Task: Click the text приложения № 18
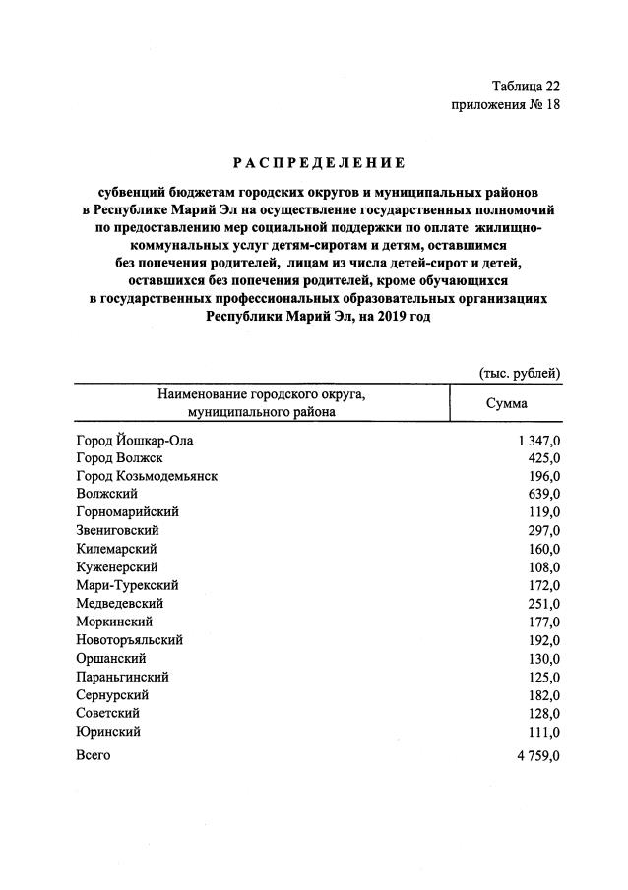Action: click(505, 105)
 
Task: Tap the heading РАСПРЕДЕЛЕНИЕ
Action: click(319, 161)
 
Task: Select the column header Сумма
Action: click(507, 403)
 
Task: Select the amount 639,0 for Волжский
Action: click(542, 494)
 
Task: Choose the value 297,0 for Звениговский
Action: click(542, 530)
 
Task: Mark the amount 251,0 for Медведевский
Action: click(542, 603)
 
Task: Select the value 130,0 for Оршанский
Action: click(542, 658)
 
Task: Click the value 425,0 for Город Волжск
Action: click(542, 458)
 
